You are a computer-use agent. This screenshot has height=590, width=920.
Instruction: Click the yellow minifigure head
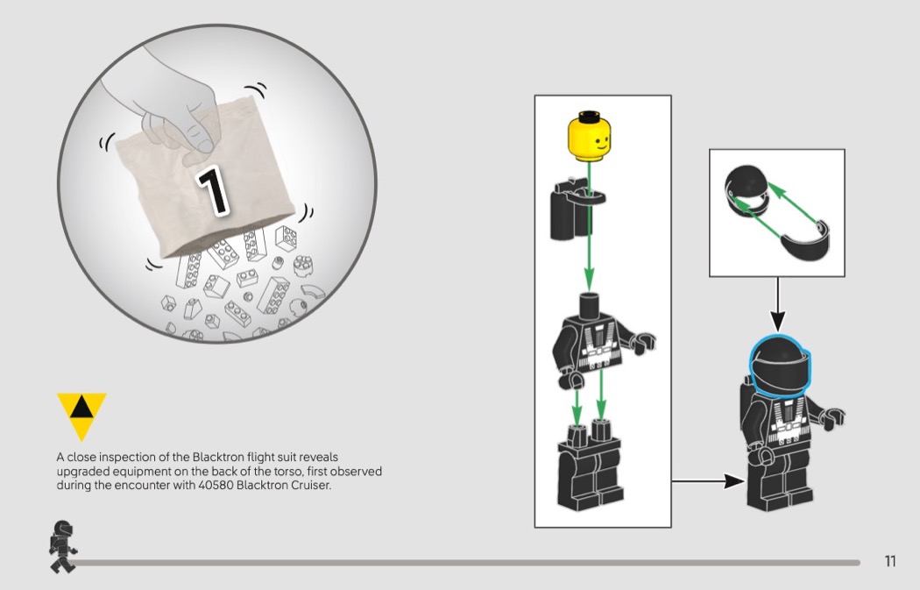point(589,136)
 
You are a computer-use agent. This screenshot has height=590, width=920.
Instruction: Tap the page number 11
point(890,561)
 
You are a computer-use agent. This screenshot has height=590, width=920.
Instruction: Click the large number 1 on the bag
point(212,190)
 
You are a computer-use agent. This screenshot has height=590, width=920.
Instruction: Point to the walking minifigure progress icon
point(61,546)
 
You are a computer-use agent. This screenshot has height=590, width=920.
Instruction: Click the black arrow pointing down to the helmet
point(777,304)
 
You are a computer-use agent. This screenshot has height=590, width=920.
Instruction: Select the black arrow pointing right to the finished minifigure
point(709,481)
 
